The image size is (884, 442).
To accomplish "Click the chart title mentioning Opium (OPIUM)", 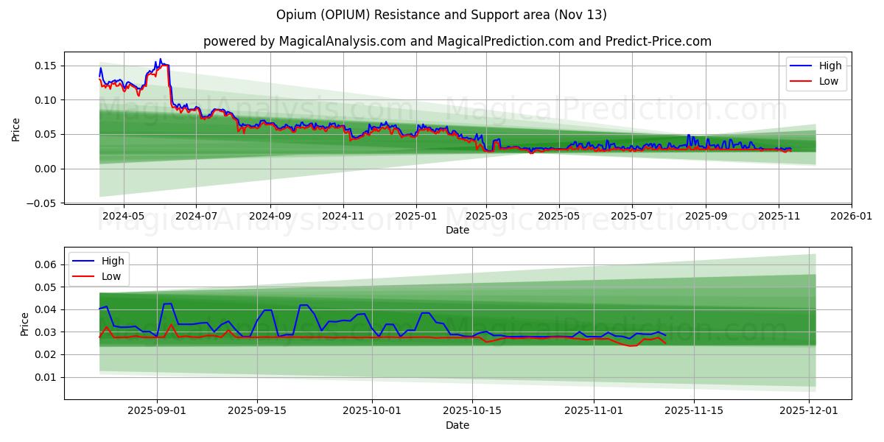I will (x=442, y=15).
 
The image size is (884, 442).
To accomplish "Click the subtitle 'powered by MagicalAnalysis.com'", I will (x=304, y=41).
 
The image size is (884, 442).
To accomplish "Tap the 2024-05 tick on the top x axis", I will (x=123, y=217).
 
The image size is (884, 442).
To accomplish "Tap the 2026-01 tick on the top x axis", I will (x=852, y=217).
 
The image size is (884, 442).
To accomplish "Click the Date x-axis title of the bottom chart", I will (x=457, y=425).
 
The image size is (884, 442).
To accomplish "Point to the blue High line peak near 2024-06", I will (x=161, y=60).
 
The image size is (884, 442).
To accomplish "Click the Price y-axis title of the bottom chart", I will (x=25, y=324).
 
